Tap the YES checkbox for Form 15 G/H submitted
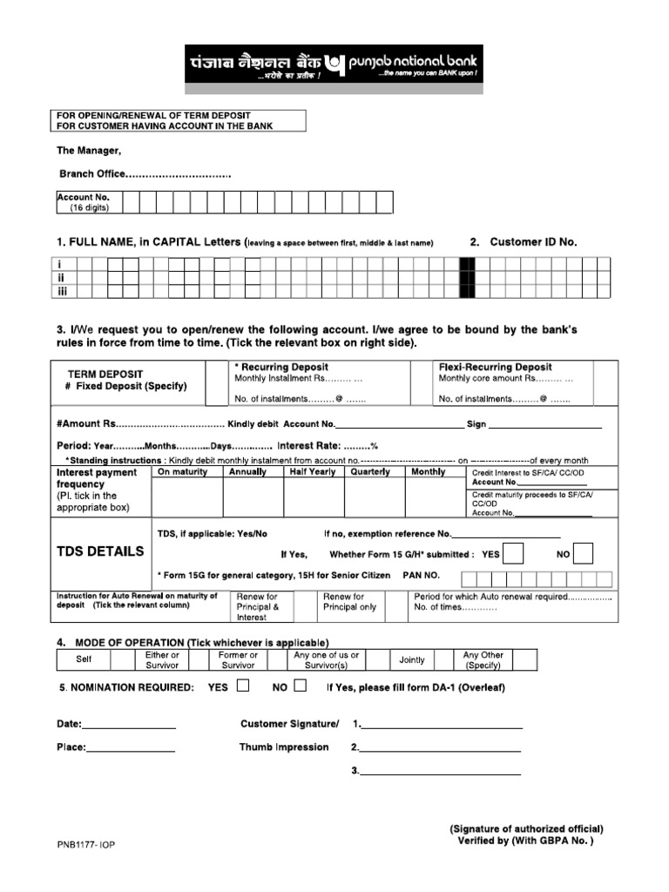[x=514, y=554]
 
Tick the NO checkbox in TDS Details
[x=584, y=554]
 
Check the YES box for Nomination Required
[x=243, y=686]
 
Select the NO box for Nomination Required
[x=301, y=686]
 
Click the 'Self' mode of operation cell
[x=84, y=660]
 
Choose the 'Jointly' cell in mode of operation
[x=412, y=660]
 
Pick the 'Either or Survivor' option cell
[x=162, y=660]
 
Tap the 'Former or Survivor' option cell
[x=238, y=660]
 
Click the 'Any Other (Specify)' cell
[x=483, y=660]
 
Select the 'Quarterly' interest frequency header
[x=369, y=472]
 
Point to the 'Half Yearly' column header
[x=312, y=472]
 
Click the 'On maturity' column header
[x=182, y=472]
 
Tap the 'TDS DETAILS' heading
[x=100, y=551]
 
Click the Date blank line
[x=129, y=725]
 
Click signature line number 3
[x=440, y=772]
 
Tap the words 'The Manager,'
[x=88, y=150]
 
